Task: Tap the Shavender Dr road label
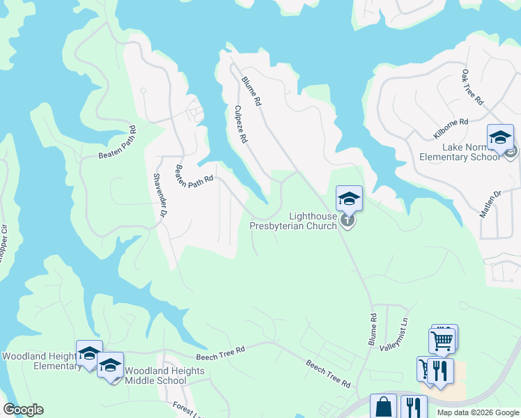157,199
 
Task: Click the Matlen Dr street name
489,204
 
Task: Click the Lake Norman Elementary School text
471,152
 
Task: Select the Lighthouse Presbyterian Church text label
294,222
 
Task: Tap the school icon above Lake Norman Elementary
500,137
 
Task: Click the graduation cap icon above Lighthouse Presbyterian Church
349,199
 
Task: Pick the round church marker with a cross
348,221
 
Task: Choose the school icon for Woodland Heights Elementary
89,353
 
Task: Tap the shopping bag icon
383,407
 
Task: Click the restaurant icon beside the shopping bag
415,407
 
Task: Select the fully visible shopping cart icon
442,340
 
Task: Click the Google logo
23,410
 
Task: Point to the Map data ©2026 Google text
478,412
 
